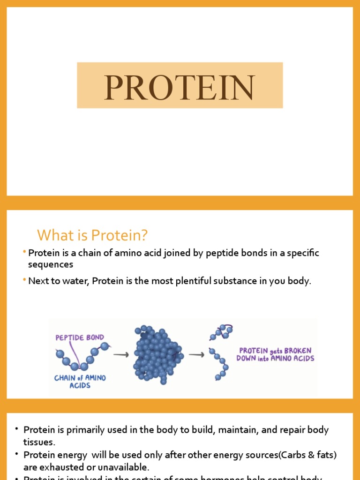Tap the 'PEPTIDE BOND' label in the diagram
point(80,337)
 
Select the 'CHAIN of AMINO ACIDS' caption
point(80,381)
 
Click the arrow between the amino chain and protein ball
point(121,355)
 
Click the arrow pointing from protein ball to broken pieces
point(196,355)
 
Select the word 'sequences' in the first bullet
point(51,264)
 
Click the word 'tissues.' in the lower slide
point(39,442)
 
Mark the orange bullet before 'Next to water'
point(24,280)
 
